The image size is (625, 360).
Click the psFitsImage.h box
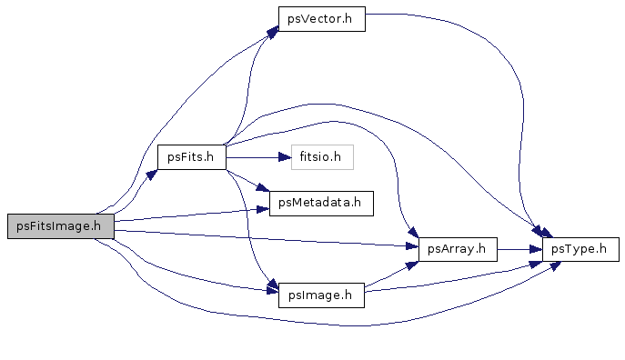[61, 226]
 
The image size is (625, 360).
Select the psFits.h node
[192, 157]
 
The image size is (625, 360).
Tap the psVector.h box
[322, 19]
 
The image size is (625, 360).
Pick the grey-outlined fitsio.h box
[322, 157]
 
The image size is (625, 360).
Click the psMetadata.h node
[321, 204]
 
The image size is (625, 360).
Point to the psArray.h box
[458, 249]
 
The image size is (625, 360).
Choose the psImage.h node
[321, 295]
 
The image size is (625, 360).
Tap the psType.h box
[580, 249]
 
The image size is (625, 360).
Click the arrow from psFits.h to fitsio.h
[258, 157]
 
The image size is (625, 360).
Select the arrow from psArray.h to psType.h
[519, 250]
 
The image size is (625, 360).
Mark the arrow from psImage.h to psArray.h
[392, 274]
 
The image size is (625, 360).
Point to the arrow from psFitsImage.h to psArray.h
[267, 238]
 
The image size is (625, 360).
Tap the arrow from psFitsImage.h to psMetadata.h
[191, 215]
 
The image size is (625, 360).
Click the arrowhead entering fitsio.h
[285, 157]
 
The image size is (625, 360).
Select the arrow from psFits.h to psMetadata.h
[248, 181]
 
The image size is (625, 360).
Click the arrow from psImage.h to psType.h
[453, 277]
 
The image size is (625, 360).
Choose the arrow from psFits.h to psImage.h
[248, 227]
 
